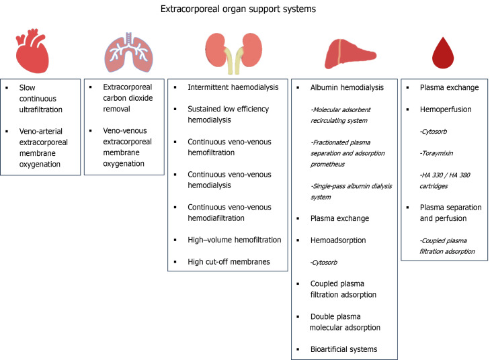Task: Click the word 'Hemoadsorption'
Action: pos(333,240)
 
